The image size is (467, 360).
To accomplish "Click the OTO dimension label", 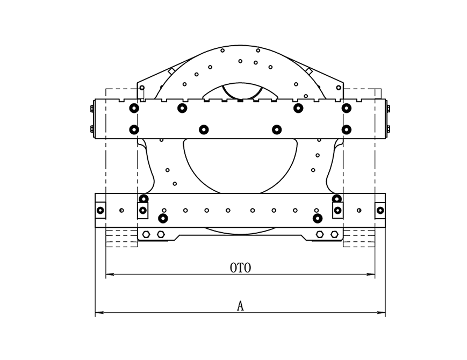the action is coord(240,268).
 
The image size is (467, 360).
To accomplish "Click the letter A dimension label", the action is coord(240,306).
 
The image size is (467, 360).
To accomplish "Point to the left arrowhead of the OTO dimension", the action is coord(110,274).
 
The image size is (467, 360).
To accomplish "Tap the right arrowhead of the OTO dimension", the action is coord(371,274).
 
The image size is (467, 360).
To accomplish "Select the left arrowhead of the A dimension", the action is coord(99,312).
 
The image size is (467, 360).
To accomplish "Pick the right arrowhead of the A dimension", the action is coord(382,312).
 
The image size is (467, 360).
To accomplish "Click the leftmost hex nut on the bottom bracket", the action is coord(146,234).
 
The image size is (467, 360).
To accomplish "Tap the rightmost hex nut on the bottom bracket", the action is coord(334,234).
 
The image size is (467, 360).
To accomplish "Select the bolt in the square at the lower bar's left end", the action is coord(100,210).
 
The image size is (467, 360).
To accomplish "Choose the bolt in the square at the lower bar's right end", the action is coord(380,210).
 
